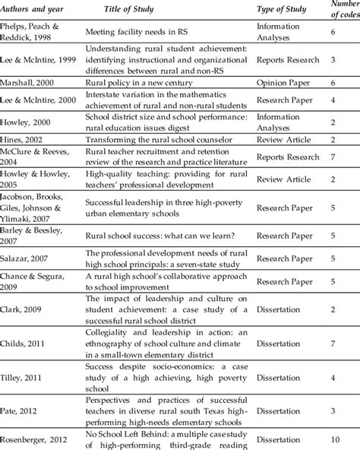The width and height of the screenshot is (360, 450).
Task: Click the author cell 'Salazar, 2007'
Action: [27, 280]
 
